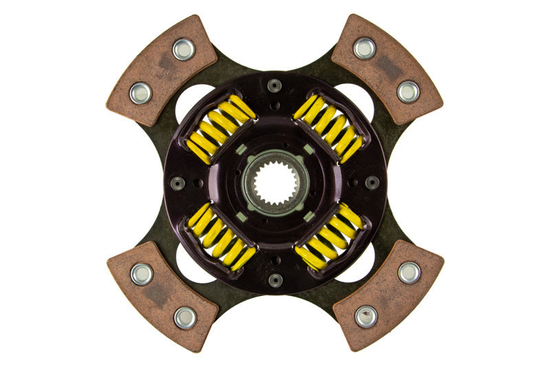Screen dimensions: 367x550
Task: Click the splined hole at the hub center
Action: (x=275, y=182)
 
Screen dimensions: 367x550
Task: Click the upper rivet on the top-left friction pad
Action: (x=183, y=49)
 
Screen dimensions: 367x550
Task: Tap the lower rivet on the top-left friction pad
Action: (x=141, y=92)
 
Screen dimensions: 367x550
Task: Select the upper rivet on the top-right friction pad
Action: (x=365, y=48)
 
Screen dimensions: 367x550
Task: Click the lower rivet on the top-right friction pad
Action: (x=408, y=91)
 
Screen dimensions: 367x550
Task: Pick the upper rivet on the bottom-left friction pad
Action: (x=142, y=274)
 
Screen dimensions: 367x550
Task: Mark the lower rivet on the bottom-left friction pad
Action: (x=184, y=317)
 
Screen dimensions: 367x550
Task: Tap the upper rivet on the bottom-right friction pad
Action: (x=408, y=273)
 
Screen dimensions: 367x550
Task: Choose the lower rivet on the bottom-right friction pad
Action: (x=366, y=316)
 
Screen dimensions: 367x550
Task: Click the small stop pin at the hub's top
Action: (x=275, y=85)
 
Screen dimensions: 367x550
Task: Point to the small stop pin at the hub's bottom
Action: (x=275, y=280)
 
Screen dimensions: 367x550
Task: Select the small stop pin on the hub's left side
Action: (x=177, y=183)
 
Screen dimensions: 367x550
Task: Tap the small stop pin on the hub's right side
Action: (x=372, y=182)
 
